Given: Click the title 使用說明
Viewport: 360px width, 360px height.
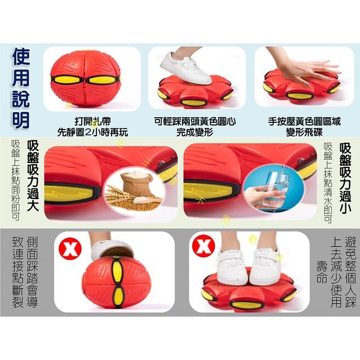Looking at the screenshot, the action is (x=21, y=88).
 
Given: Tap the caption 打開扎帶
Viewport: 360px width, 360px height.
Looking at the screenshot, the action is (x=93, y=122).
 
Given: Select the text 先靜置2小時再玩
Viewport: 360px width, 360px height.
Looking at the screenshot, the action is (x=92, y=132).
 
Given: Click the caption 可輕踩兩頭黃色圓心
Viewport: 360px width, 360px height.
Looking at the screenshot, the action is (x=195, y=122).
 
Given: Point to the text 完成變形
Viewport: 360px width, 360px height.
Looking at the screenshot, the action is (x=195, y=132).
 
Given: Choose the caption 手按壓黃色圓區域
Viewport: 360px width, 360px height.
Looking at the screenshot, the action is (x=304, y=122).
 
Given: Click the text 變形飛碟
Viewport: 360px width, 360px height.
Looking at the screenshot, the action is (x=304, y=132).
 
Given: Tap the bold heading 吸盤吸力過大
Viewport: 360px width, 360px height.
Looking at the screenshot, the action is (x=33, y=176).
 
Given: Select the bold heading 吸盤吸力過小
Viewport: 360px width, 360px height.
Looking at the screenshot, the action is (x=345, y=179).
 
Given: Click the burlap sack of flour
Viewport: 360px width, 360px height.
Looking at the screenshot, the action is (x=136, y=183).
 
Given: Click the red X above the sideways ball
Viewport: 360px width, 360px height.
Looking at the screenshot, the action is (x=70, y=248).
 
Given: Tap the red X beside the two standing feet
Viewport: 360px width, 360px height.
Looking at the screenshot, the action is (x=204, y=246).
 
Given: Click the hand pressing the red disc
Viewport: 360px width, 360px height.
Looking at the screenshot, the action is (x=305, y=69).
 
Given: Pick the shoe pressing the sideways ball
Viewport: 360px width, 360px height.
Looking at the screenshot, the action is (x=112, y=250).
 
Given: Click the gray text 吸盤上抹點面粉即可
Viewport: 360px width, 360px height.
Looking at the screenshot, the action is (x=16, y=180).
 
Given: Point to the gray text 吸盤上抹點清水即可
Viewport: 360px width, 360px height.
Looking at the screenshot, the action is (x=328, y=183).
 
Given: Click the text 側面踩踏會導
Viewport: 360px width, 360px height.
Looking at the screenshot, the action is (x=32, y=272).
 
